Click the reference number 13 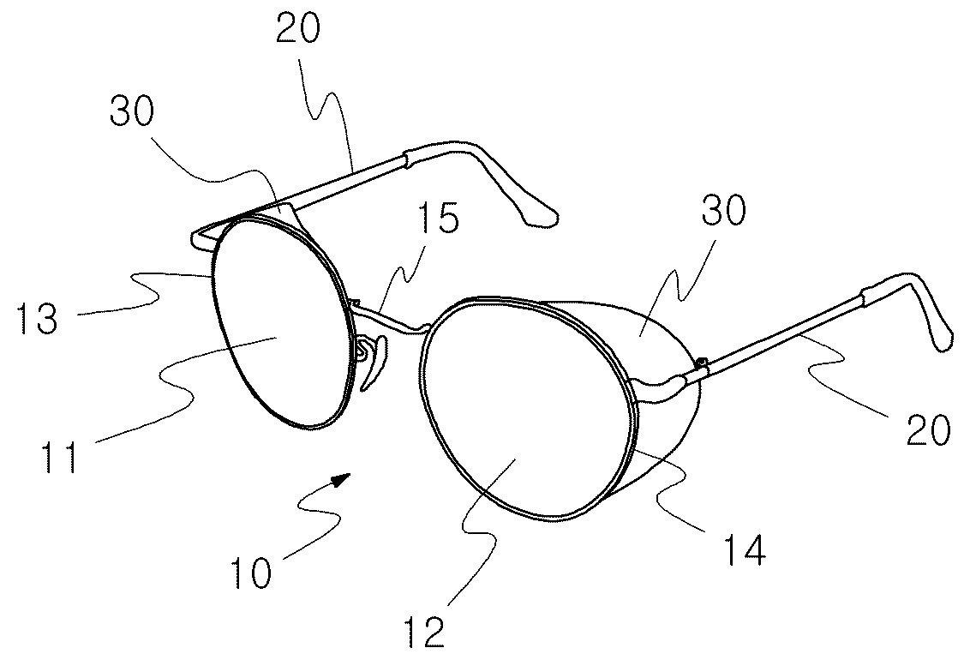38,317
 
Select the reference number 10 251,572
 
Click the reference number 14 745,547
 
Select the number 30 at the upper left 132,111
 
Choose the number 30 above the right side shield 724,211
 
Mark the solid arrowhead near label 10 342,478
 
